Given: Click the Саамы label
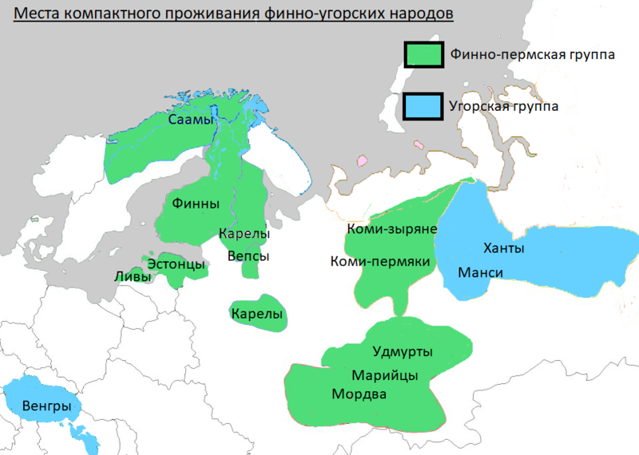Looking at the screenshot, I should coord(192,120).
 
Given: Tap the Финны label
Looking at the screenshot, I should coord(196,204).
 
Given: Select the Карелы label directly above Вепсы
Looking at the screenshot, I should coord(244,235).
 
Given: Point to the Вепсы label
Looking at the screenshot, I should coord(248,256).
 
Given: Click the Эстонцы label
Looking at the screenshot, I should coord(176,264).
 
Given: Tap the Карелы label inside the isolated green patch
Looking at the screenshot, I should coord(257,315).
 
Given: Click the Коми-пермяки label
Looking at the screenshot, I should coord(380,261).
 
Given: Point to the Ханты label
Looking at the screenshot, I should coord(504,248).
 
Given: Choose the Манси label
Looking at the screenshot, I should coord(480,273).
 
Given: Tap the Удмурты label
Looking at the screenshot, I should coord(403,351).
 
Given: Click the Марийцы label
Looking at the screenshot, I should coord(386,375).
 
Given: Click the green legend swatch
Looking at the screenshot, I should coord(423,53).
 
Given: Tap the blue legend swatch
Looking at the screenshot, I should coord(423,105).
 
